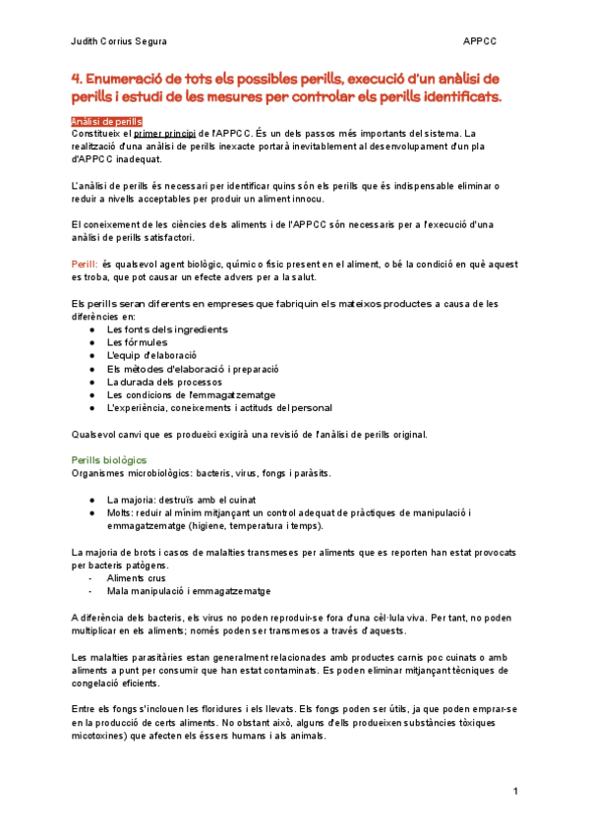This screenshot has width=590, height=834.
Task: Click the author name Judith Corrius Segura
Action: tap(119, 41)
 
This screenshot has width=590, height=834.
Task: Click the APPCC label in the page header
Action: tap(481, 41)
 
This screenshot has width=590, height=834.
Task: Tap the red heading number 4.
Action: tap(77, 78)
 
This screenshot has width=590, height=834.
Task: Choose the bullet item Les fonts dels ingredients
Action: tap(167, 329)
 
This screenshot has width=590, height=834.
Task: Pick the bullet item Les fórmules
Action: tap(137, 342)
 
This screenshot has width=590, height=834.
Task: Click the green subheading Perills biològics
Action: tap(110, 460)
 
